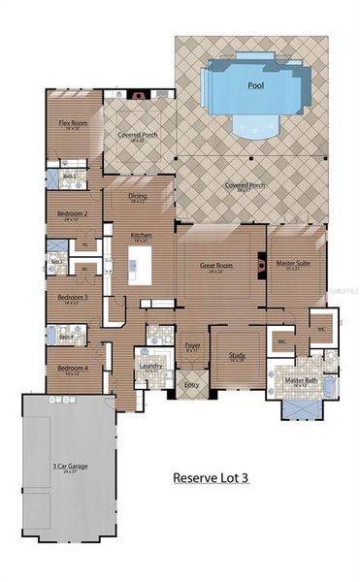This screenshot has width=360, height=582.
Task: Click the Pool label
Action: click(x=256, y=85)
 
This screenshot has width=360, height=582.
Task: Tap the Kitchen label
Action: click(x=141, y=236)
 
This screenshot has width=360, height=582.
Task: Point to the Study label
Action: click(x=237, y=355)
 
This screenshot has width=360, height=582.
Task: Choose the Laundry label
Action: click(x=150, y=366)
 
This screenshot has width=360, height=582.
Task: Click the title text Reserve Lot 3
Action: click(x=211, y=477)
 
